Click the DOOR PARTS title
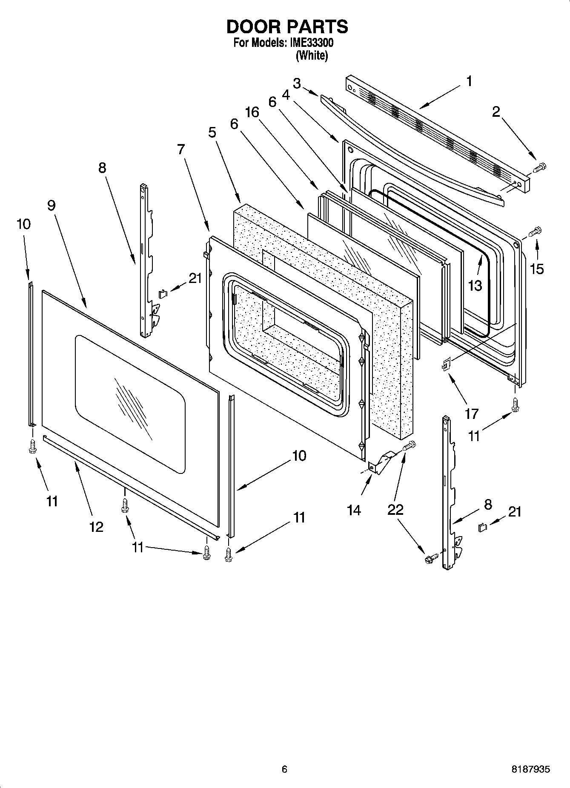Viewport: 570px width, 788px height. (287, 27)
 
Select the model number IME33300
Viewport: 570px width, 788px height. (312, 43)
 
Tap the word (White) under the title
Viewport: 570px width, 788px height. (312, 55)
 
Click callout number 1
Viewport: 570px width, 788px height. (469, 81)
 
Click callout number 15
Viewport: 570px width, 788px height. (537, 268)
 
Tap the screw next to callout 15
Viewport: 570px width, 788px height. (534, 232)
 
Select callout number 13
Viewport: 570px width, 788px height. (475, 286)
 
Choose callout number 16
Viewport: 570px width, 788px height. (252, 112)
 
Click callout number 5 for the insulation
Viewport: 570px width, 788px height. (212, 133)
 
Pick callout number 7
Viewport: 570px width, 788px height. (181, 149)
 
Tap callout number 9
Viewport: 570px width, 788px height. (51, 205)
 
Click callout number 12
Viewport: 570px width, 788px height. (97, 527)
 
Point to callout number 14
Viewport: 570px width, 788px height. (354, 510)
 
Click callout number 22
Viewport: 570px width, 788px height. (395, 510)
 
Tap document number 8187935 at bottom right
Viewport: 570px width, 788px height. (530, 769)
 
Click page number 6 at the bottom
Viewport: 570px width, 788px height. (284, 769)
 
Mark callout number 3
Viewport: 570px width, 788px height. (297, 83)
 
